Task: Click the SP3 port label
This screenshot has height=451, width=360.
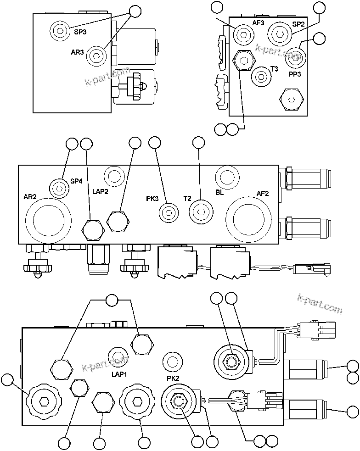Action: coord(80,32)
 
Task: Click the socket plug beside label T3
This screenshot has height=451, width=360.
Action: coord(261,75)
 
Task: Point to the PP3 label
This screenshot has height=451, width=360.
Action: coord(295,74)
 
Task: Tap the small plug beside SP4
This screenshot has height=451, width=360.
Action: coord(58,188)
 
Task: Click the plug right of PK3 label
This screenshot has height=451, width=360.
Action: coord(168,212)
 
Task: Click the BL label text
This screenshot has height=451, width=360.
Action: coord(219,192)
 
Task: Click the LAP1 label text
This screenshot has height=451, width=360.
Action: coord(119,374)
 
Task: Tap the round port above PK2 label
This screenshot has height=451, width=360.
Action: coord(173,361)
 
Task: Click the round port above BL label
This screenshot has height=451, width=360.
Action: coord(227,176)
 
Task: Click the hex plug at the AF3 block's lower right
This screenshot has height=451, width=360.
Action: coord(290,99)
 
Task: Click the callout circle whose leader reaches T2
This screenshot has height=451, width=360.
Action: coord(198,143)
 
